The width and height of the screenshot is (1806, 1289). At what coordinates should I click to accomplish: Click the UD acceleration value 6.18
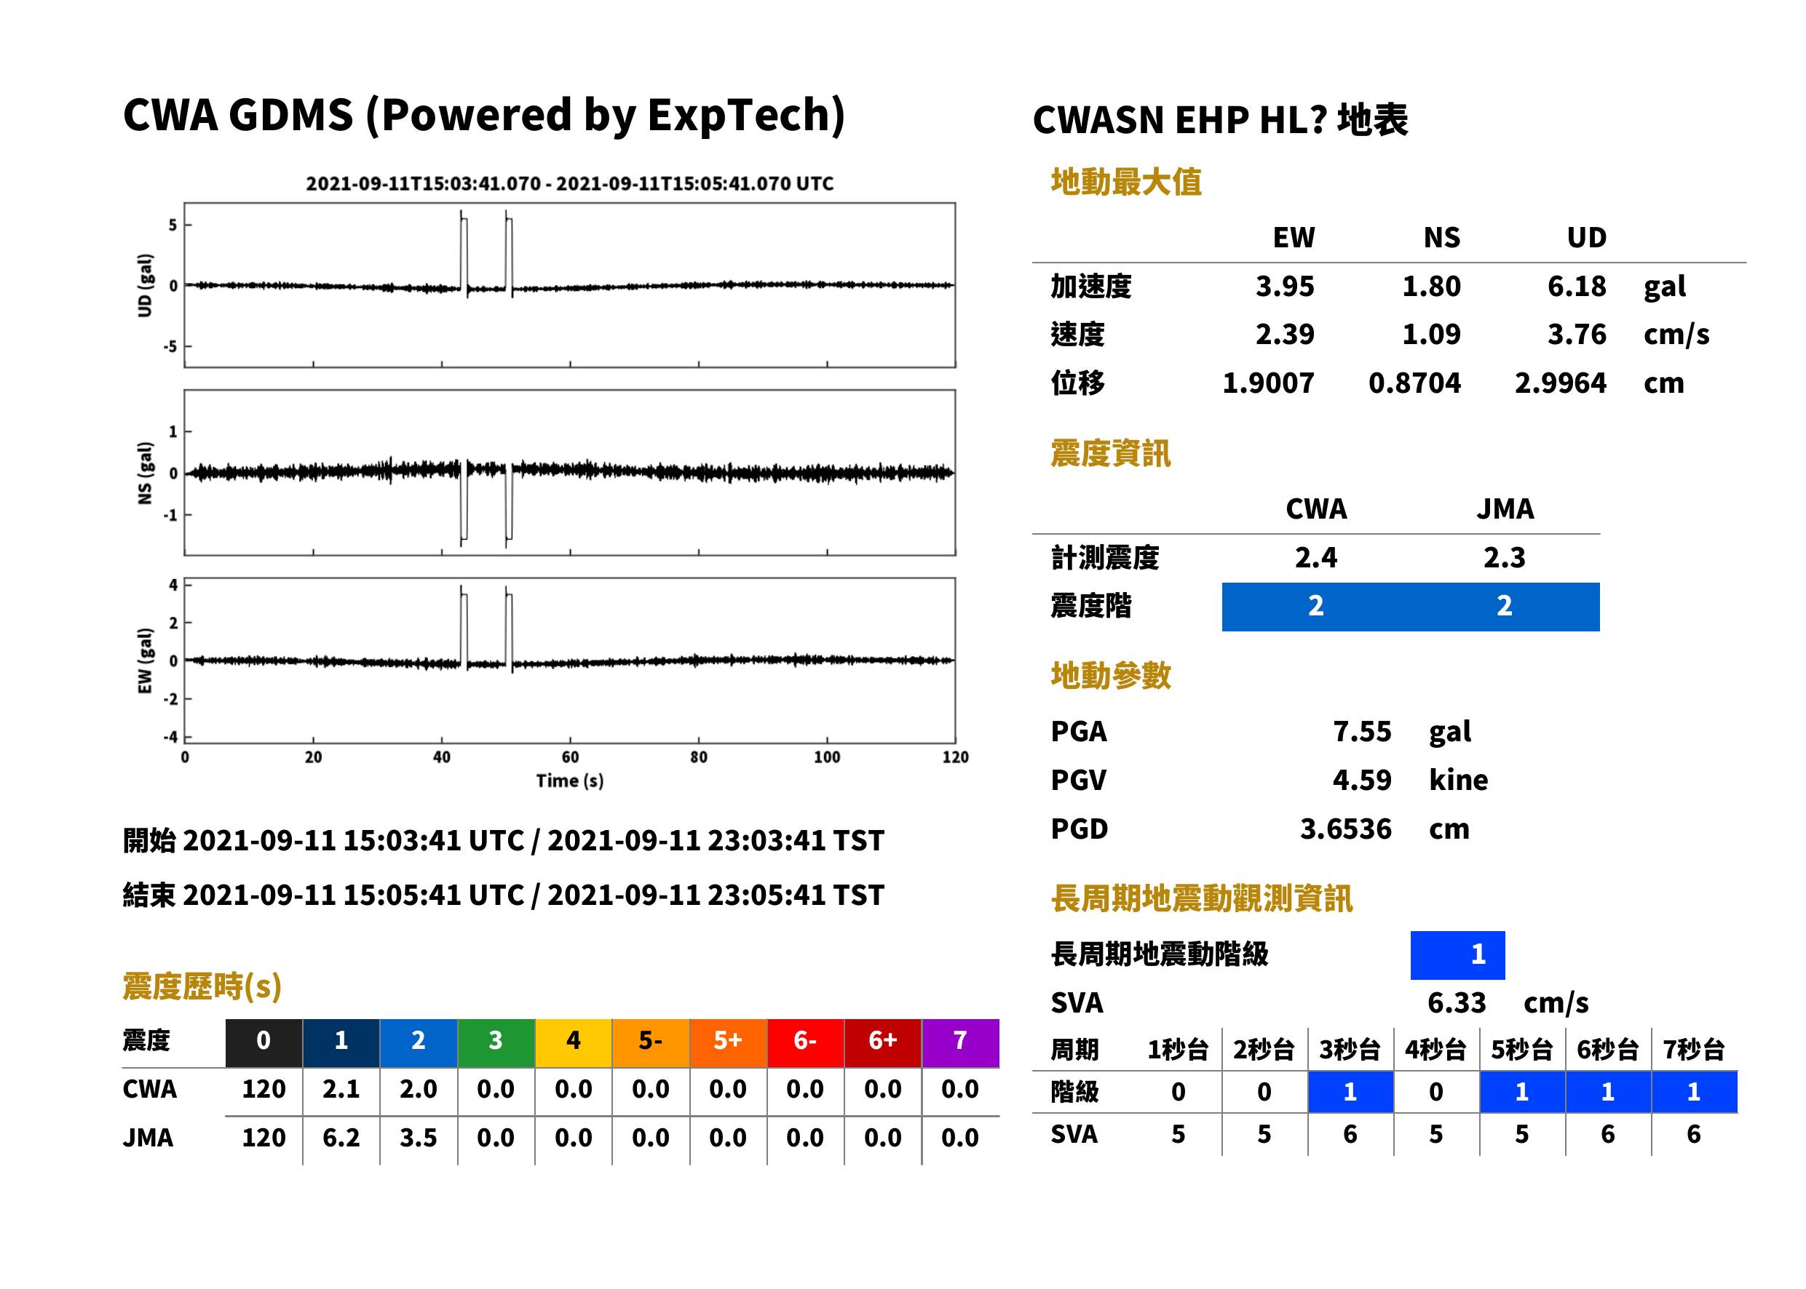tap(1576, 286)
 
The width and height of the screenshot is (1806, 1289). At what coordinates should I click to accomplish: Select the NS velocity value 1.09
tap(1430, 334)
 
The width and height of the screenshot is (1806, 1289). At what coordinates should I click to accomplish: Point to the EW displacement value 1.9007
tap(1267, 383)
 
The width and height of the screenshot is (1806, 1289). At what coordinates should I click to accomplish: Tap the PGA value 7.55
tap(1361, 731)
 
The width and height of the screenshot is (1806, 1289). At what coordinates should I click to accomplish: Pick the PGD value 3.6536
tap(1345, 829)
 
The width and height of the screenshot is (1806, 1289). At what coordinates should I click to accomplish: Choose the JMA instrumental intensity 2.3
tap(1504, 557)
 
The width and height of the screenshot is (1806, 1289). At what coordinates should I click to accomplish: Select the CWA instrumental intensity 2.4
tap(1315, 557)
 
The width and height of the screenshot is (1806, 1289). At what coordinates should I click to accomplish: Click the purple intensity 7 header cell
tap(960, 1042)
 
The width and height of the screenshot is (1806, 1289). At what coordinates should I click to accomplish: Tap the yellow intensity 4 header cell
tap(574, 1042)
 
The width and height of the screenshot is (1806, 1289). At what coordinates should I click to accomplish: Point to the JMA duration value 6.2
tap(341, 1138)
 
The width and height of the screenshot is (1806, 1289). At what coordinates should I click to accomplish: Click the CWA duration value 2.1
tap(341, 1089)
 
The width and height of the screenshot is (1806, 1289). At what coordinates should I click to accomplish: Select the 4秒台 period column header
tap(1434, 1049)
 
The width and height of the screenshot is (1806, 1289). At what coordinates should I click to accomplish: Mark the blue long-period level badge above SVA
tap(1457, 955)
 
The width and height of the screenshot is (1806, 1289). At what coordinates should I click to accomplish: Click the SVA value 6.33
tap(1457, 1002)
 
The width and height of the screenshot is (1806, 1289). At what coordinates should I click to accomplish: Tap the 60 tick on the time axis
tap(570, 757)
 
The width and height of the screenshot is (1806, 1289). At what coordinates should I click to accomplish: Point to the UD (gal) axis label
tap(145, 286)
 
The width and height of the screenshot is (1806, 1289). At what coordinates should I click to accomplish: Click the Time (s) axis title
tap(569, 781)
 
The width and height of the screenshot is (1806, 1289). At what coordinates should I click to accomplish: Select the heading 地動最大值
tap(1125, 182)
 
